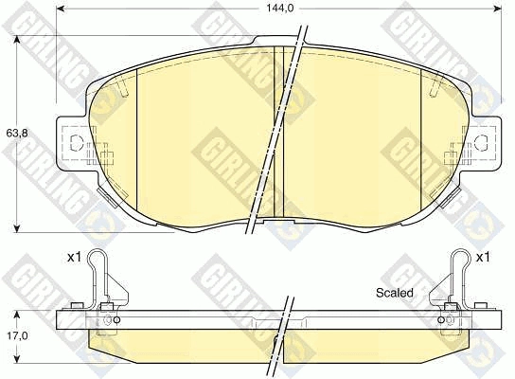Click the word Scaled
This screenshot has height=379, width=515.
[x=395, y=293]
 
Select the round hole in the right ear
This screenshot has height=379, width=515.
[x=480, y=144]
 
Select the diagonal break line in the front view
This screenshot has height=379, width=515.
[x=280, y=133]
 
